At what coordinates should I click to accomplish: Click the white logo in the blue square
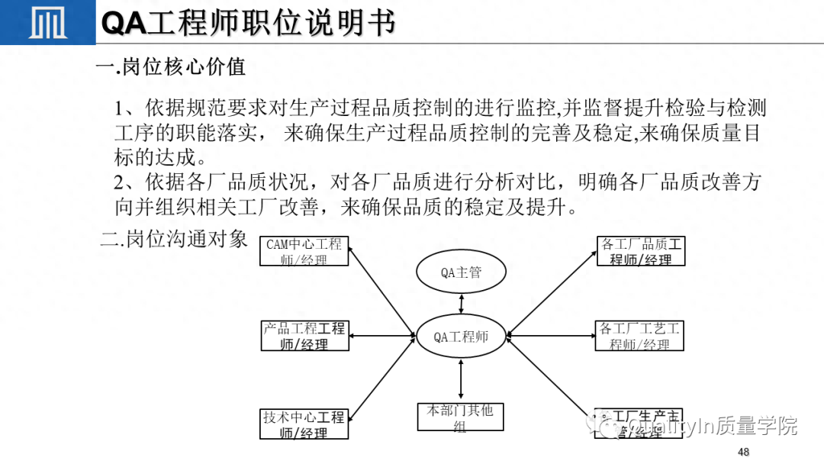47,22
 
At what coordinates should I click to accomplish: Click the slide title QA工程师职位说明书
249,24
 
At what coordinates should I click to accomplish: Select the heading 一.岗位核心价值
170,67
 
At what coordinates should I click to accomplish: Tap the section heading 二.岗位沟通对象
175,239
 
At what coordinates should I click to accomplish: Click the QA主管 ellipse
461,272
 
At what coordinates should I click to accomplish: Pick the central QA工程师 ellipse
461,337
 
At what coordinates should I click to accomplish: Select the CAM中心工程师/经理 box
304,252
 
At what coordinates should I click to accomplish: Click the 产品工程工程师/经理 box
304,336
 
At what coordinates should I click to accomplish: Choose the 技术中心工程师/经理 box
304,424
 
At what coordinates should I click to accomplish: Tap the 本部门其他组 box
460,417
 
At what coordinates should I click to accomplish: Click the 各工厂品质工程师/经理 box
641,251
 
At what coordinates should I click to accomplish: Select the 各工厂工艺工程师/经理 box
639,336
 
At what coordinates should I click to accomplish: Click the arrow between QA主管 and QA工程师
461,303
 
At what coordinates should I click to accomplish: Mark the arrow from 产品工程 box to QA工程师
382,336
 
